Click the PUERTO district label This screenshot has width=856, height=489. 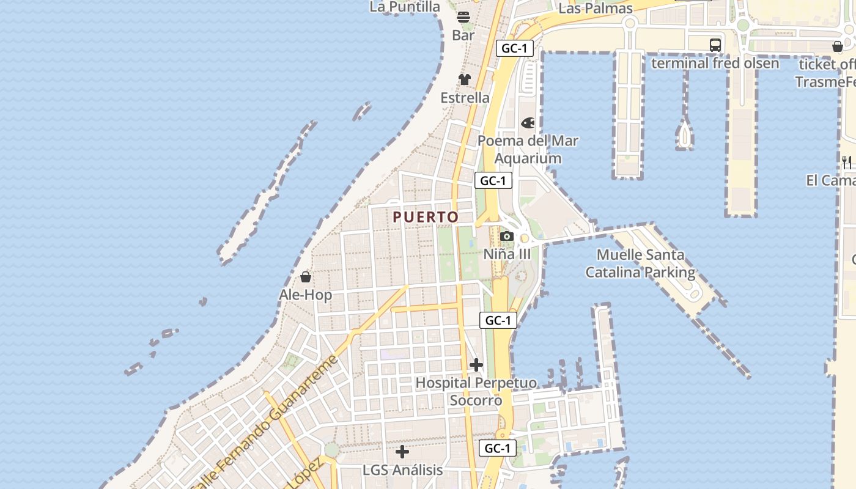[426, 217]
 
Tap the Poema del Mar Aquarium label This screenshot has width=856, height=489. [528, 150]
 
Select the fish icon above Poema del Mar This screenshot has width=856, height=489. [528, 123]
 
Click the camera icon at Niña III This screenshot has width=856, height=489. [506, 237]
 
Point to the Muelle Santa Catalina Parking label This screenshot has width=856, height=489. [640, 263]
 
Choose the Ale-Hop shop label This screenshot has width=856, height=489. [306, 295]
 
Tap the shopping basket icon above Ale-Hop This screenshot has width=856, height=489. [306, 277]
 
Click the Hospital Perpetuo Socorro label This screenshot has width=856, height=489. [476, 392]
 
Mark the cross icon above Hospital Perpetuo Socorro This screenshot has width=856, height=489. [476, 366]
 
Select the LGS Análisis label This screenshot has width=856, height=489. [402, 470]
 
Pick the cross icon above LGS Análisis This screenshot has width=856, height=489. [402, 452]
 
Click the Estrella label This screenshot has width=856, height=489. [465, 98]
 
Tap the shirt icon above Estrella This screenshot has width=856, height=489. [465, 79]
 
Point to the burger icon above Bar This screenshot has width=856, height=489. [463, 17]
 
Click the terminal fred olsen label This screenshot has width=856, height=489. [715, 63]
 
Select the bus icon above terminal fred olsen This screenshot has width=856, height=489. [715, 45]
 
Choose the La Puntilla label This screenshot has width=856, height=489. [405, 7]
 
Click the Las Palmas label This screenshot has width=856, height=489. [596, 8]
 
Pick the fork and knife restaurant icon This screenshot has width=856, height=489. [847, 162]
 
